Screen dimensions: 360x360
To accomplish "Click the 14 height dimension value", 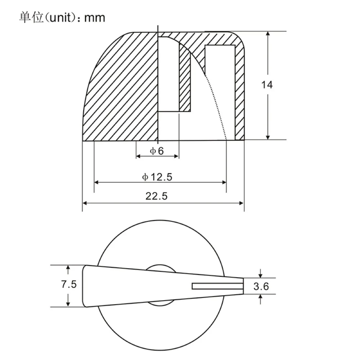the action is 267,85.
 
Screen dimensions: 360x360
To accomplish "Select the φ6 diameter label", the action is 157,151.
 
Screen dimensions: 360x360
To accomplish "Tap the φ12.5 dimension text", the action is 157,177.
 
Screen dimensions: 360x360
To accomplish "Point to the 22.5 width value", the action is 157,196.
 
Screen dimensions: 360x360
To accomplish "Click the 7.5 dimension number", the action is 69,284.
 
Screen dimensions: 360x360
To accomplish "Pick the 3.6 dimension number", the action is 261,287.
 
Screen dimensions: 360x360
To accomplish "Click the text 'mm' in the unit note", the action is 95,18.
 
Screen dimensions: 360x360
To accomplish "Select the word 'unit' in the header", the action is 60,18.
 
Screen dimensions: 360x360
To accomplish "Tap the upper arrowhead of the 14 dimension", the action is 268,33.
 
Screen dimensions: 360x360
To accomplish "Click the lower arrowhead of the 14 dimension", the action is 268,137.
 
